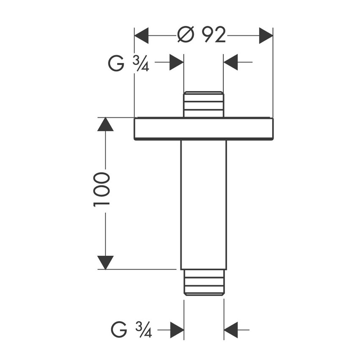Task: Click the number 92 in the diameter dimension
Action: [213, 35]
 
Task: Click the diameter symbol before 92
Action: [186, 35]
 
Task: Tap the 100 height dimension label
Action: [102, 190]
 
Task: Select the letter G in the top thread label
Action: [116, 63]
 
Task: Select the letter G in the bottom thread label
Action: [119, 330]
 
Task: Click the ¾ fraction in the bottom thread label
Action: [144, 330]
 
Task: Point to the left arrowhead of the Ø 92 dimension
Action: [141, 36]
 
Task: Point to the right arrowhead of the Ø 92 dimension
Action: [266, 36]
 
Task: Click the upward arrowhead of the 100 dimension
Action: [105, 124]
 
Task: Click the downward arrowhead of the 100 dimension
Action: [105, 263]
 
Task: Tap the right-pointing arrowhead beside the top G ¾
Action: [177, 62]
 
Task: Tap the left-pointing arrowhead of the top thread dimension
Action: [230, 62]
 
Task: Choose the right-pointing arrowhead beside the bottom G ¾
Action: [177, 330]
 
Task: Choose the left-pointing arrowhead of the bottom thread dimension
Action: [231, 330]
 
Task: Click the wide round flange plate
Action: [204, 129]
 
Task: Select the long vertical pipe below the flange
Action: [203, 205]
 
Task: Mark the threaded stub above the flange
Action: [204, 105]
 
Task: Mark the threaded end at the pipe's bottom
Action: [204, 282]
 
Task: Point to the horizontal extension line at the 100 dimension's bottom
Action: [137, 269]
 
